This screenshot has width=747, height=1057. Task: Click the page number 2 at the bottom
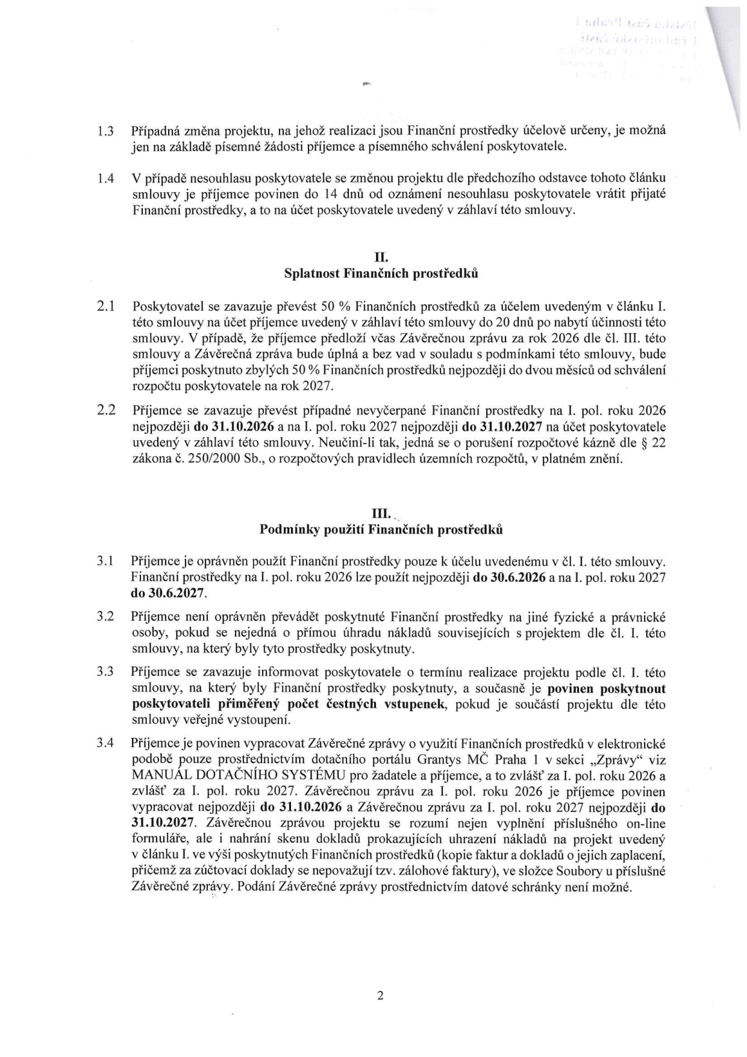click(380, 995)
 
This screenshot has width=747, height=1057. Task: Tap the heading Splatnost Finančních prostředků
click(381, 273)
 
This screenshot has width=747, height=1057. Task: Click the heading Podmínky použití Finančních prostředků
click(381, 529)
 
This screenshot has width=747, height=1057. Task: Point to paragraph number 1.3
click(106, 130)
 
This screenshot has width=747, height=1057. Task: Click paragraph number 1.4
click(106, 179)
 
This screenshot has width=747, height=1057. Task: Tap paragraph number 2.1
click(106, 307)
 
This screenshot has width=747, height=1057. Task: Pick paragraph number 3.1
click(106, 561)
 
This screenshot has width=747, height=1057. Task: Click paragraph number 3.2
click(106, 617)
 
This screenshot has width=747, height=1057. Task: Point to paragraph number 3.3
click(106, 672)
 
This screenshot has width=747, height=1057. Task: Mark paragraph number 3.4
click(106, 743)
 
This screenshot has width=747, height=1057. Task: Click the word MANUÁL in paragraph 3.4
click(158, 775)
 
